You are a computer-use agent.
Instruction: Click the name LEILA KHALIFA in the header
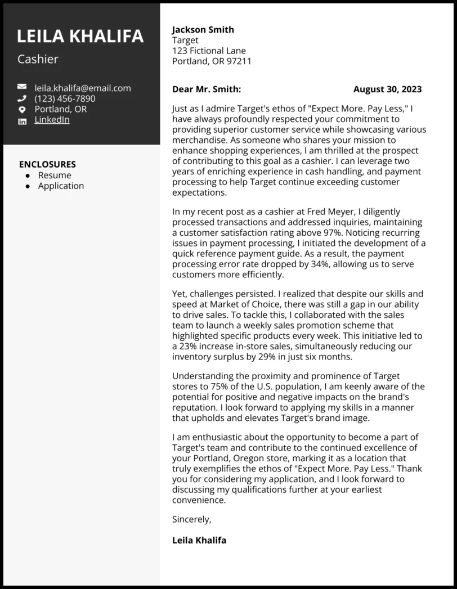[x=80, y=36]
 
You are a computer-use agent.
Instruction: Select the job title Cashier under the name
[x=38, y=59]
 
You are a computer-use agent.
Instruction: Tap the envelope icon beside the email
[x=22, y=87]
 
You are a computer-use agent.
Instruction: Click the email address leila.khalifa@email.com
[x=82, y=88]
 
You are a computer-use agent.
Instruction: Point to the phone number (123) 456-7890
[x=65, y=98]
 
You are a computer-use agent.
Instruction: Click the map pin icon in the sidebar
[x=22, y=109]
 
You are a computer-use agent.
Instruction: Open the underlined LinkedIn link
[x=52, y=119]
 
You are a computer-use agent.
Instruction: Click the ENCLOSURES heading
[x=47, y=164]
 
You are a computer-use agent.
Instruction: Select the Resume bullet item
[x=55, y=175]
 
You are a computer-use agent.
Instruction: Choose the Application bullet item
[x=61, y=186]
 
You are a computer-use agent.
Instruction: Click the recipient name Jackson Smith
[x=203, y=30]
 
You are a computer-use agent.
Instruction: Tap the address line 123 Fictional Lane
[x=209, y=51]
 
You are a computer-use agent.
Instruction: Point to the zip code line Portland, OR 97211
[x=212, y=61]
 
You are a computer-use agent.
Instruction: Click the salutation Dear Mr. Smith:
[x=207, y=89]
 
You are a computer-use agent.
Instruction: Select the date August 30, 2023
[x=387, y=89]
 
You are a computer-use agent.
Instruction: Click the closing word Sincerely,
[x=191, y=519]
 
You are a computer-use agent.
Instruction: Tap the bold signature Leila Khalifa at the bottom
[x=199, y=540]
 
